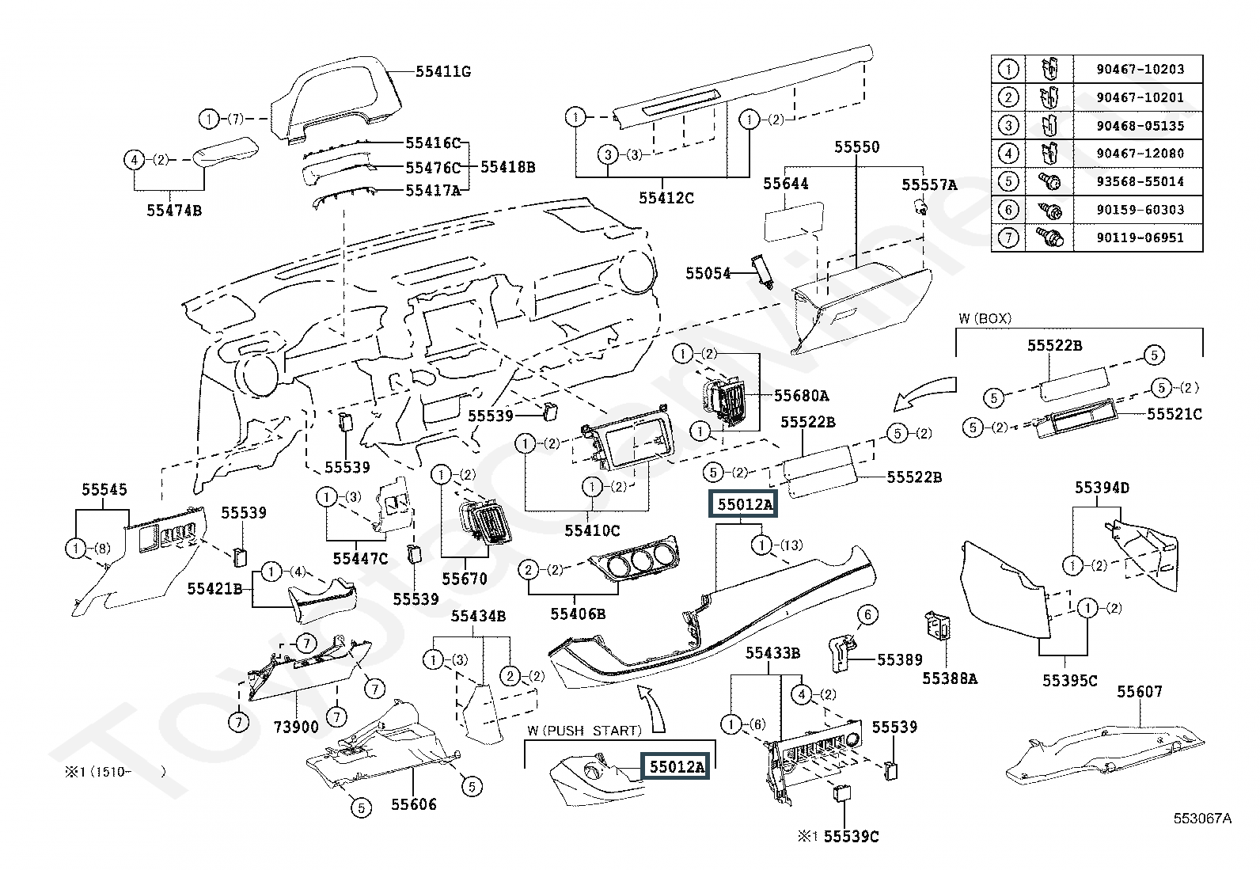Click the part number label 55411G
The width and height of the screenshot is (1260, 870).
(x=443, y=72)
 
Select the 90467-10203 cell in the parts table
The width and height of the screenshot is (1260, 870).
(x=1140, y=70)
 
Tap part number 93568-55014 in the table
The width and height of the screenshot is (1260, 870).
(x=1140, y=182)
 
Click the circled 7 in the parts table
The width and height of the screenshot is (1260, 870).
(x=1008, y=237)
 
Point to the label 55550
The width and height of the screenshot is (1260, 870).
(x=856, y=147)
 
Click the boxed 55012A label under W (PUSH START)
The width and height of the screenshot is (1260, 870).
(x=675, y=766)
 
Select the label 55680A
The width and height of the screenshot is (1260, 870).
(x=801, y=395)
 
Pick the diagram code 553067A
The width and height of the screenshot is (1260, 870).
(x=1202, y=819)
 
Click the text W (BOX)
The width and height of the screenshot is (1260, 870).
(x=985, y=318)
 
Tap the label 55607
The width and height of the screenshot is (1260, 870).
(x=1140, y=691)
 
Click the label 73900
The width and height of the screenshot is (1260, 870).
(x=296, y=727)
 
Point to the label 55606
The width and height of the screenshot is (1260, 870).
(x=413, y=804)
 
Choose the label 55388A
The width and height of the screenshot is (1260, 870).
(x=949, y=678)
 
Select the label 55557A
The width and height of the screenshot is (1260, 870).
(x=929, y=184)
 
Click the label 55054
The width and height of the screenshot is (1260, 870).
(x=708, y=273)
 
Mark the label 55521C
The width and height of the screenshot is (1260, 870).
(x=1175, y=413)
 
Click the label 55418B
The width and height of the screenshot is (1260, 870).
(x=507, y=167)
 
